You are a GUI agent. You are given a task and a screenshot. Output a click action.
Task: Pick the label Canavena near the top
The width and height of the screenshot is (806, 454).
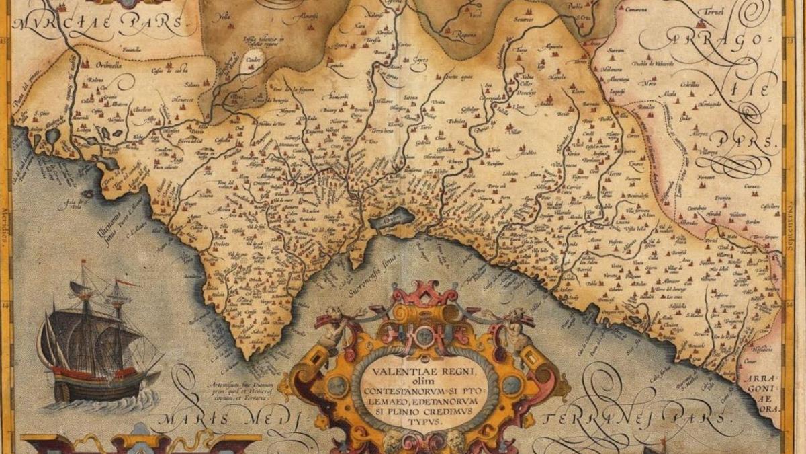pos(636,11)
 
